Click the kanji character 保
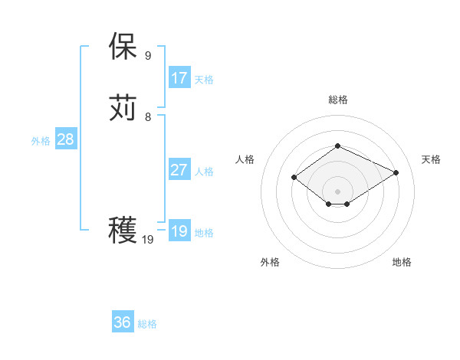click(123, 47)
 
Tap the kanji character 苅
click(123, 108)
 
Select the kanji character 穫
click(123, 231)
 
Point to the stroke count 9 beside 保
click(148, 55)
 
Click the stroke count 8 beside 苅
click(148, 116)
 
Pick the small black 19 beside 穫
click(148, 240)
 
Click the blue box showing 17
click(179, 78)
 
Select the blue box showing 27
click(179, 170)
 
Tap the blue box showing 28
click(66, 139)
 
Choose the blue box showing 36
click(123, 322)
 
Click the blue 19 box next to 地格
click(179, 231)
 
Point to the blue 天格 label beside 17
click(204, 80)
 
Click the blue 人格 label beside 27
click(204, 172)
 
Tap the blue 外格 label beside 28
click(41, 141)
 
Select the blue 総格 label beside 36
click(147, 324)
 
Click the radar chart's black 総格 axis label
click(337, 100)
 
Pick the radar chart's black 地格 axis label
click(402, 262)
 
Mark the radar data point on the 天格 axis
click(396, 172)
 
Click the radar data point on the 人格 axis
click(294, 178)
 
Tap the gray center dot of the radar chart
click(337, 191)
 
